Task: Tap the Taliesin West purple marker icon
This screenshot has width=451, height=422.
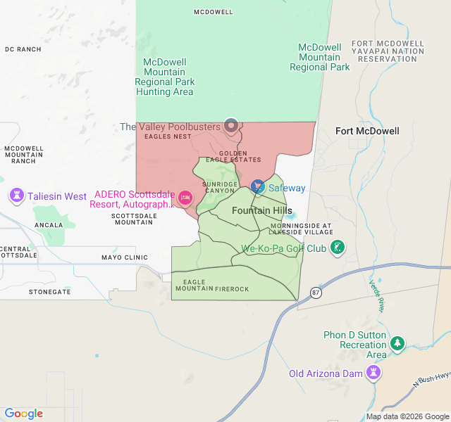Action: [x=16, y=196]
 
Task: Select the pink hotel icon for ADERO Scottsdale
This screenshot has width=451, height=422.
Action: [x=185, y=198]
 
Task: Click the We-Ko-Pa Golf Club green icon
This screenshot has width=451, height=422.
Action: [x=338, y=248]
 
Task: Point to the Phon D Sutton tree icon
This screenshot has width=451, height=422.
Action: [x=397, y=343]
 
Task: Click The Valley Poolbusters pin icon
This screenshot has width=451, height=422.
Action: [x=230, y=126]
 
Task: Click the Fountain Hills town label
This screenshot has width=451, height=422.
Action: [x=261, y=211]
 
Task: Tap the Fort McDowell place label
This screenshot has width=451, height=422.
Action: [x=367, y=131]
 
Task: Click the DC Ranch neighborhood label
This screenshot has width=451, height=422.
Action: [x=23, y=49]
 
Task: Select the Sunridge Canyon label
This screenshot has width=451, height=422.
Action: [x=218, y=187]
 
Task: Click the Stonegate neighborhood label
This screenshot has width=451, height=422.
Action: [x=50, y=291]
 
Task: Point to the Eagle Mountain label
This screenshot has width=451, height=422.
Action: [x=190, y=286]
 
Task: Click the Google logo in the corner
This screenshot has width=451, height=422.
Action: [x=23, y=414]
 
